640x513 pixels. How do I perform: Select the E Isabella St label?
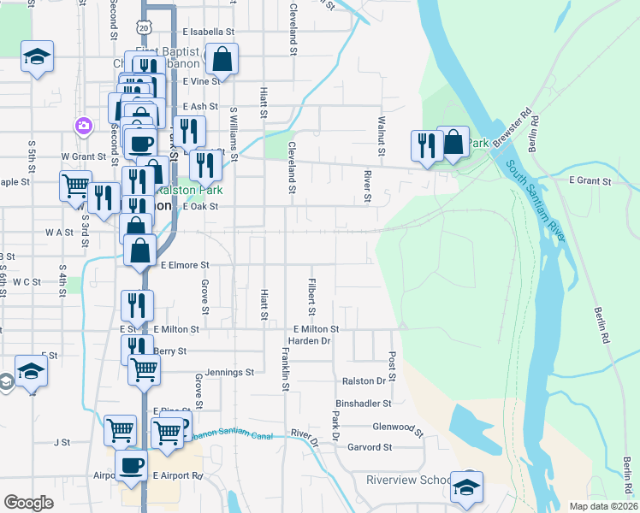coord(208,32)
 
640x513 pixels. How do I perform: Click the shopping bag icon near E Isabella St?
coord(221,59)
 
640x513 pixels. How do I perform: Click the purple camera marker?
coord(84,126)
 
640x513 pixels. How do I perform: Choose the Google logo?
coord(28,503)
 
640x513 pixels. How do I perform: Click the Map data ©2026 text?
coord(604,506)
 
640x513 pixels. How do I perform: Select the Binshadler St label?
coord(364,403)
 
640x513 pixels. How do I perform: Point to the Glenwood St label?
coord(399,427)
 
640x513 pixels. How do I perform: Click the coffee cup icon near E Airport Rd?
coord(131,465)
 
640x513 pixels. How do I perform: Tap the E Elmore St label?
coord(184,265)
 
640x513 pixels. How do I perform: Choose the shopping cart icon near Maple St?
coord(75,184)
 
